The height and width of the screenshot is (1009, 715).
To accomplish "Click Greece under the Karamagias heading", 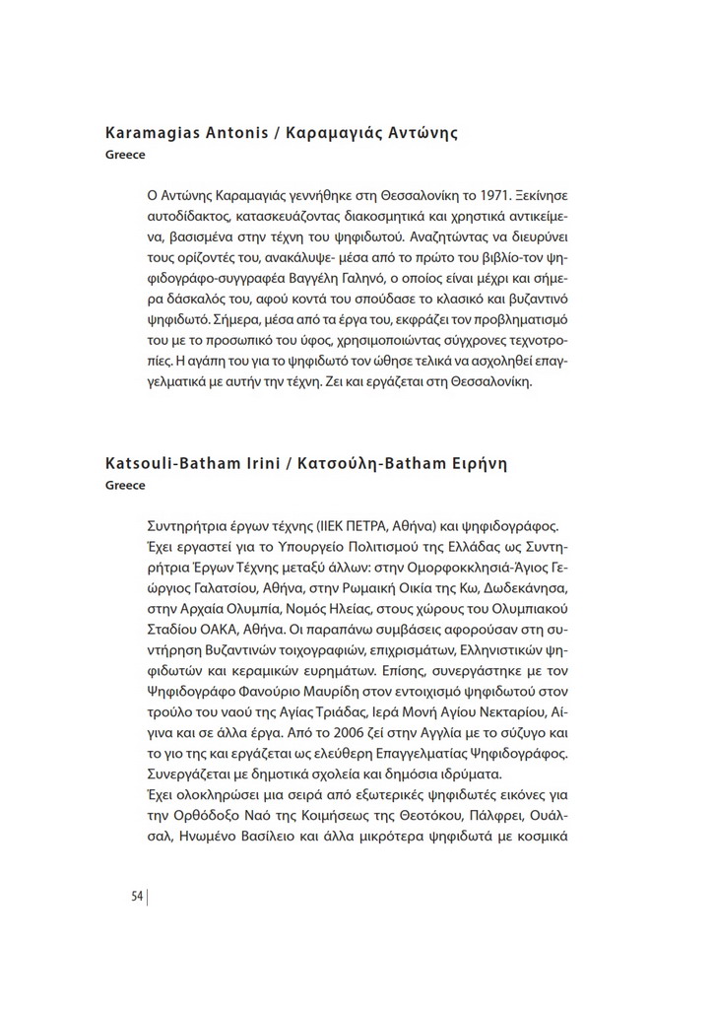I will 125,156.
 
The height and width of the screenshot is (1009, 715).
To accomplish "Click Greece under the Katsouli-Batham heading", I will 125,485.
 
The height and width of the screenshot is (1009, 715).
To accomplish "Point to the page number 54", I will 137,896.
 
